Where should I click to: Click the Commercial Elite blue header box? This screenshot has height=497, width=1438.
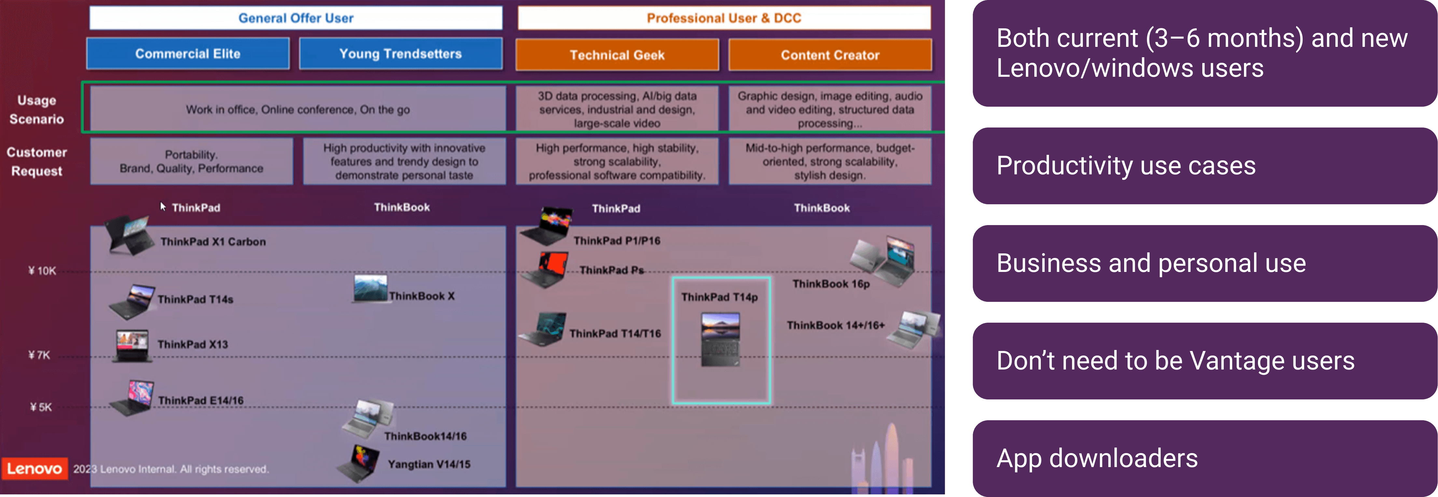[188, 54]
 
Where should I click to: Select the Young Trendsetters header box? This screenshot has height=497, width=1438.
[400, 54]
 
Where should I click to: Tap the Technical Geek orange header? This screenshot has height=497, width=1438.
[617, 55]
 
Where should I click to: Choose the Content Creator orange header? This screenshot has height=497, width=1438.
[830, 55]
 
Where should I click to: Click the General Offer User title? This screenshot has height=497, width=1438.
[296, 18]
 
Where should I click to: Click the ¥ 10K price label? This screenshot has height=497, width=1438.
[42, 271]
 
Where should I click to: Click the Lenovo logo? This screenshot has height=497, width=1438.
[34, 469]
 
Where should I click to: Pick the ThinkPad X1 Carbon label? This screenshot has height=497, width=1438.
[213, 242]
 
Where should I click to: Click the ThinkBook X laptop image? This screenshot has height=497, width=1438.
[370, 289]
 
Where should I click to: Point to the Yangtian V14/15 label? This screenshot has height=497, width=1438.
[429, 464]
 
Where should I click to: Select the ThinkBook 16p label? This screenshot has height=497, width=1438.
[831, 284]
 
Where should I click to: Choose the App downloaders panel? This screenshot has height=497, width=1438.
[1205, 458]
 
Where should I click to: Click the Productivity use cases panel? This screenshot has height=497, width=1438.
[1205, 166]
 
